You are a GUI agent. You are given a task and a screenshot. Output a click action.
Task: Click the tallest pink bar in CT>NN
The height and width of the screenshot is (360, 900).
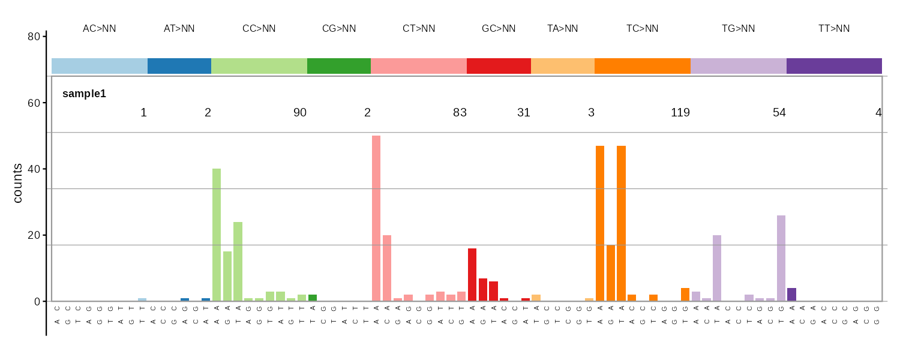(376, 218)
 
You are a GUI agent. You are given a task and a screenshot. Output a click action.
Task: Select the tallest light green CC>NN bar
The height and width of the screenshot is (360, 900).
(217, 235)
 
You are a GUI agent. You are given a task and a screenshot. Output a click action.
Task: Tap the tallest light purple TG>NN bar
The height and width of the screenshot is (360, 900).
(781, 258)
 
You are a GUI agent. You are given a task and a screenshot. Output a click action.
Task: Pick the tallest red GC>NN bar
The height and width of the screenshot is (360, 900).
(472, 275)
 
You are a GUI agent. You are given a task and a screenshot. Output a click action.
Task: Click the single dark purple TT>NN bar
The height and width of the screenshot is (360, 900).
(791, 295)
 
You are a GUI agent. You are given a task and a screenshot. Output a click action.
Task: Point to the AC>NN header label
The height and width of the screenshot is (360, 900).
(100, 29)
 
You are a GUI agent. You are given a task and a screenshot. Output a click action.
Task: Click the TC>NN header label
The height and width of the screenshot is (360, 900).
(642, 29)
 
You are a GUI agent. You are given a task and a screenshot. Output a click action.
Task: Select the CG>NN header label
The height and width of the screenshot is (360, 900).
(339, 29)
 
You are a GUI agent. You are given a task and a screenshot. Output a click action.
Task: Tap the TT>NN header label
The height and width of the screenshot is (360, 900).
(834, 29)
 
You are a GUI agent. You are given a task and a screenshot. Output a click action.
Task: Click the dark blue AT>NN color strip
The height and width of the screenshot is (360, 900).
(179, 66)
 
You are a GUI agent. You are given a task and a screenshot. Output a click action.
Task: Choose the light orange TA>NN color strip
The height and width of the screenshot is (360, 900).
(563, 66)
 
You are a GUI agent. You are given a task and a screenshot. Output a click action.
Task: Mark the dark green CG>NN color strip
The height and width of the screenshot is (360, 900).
(339, 66)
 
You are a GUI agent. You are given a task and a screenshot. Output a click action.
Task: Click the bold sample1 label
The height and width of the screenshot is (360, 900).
(84, 94)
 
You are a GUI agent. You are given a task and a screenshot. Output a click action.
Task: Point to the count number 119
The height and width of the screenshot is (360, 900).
(680, 113)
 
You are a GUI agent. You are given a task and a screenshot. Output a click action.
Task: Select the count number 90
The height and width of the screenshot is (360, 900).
(300, 113)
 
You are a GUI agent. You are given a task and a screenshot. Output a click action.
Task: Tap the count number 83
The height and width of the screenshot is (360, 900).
(460, 113)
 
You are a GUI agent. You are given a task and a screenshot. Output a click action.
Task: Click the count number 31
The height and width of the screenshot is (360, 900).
(524, 113)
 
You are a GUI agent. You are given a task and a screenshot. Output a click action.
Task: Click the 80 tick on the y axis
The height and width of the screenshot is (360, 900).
(34, 37)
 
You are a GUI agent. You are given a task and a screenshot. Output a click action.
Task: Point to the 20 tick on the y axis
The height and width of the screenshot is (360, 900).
(34, 235)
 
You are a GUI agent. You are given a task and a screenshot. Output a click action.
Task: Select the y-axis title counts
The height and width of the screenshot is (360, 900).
(18, 183)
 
